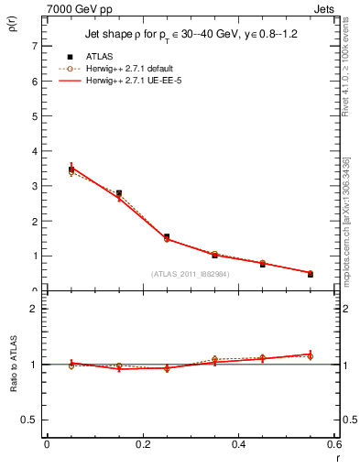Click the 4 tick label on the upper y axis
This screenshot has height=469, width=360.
pyautogui.click(x=34, y=151)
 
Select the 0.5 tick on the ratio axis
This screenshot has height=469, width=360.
pyautogui.click(x=29, y=419)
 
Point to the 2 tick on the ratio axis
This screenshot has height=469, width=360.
pyautogui.click(x=34, y=309)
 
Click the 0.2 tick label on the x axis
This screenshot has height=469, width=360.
pyautogui.click(x=142, y=444)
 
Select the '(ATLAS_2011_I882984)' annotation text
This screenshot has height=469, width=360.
pyautogui.click(x=190, y=273)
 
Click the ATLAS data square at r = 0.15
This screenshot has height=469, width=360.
pyautogui.click(x=119, y=193)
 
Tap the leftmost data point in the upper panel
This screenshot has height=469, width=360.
pyautogui.click(x=71, y=169)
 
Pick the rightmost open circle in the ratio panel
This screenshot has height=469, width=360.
pyautogui.click(x=311, y=356)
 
